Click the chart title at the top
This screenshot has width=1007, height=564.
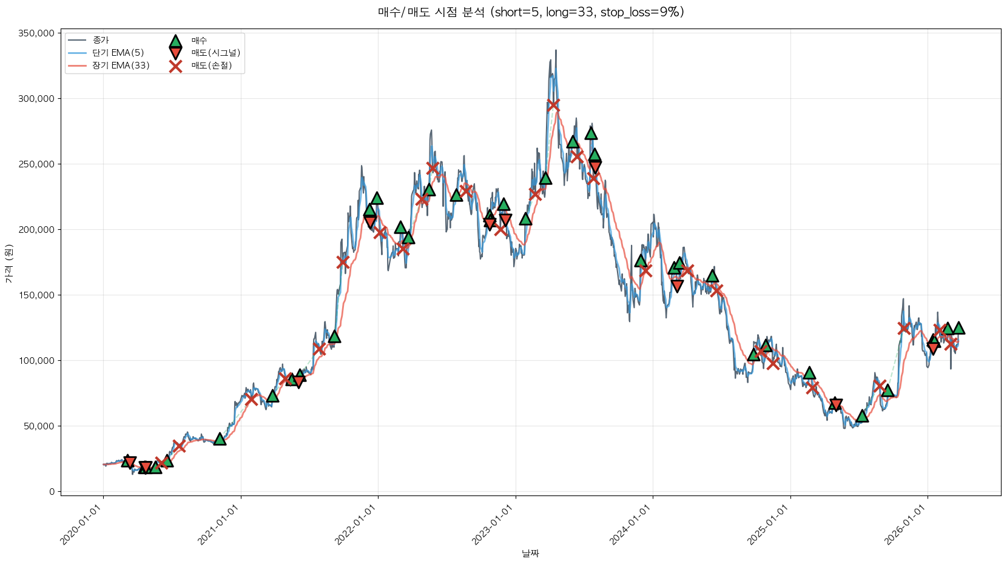[531, 12]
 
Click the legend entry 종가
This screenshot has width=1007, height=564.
[101, 40]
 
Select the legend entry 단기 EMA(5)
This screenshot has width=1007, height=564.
[118, 53]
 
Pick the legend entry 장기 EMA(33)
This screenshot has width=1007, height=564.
[121, 65]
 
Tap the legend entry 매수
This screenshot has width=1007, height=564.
[199, 40]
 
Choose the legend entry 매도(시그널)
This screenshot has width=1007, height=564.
[215, 53]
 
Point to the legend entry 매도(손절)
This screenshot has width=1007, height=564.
[211, 65]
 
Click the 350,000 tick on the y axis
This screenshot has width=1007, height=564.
[36, 33]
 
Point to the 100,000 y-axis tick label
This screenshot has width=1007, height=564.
[36, 361]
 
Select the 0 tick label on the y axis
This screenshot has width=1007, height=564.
[52, 492]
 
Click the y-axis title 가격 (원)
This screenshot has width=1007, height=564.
[8, 263]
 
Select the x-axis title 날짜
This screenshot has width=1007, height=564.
[530, 553]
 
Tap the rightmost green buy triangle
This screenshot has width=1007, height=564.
[958, 328]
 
